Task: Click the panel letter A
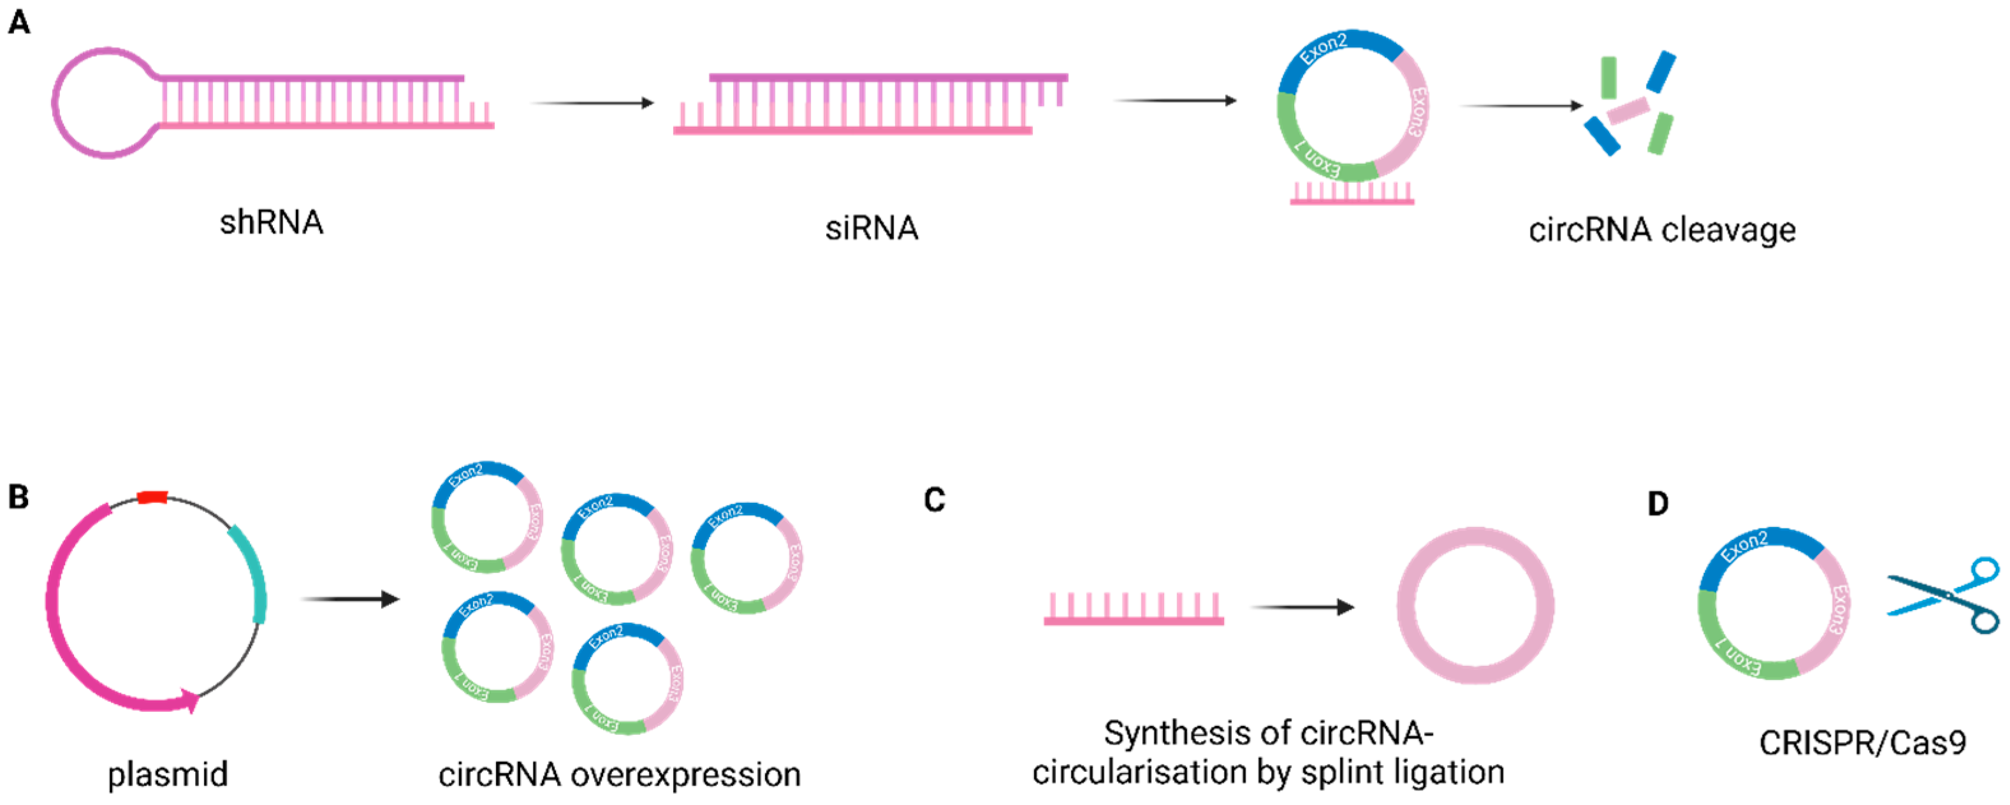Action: [18, 22]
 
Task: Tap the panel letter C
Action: [934, 499]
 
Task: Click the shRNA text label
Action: [271, 222]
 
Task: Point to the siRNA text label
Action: [871, 228]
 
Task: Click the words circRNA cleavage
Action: [1662, 229]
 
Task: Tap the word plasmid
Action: [168, 774]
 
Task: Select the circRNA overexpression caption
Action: [619, 774]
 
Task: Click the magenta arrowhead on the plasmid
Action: [189, 700]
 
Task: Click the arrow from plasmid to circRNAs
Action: [351, 599]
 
